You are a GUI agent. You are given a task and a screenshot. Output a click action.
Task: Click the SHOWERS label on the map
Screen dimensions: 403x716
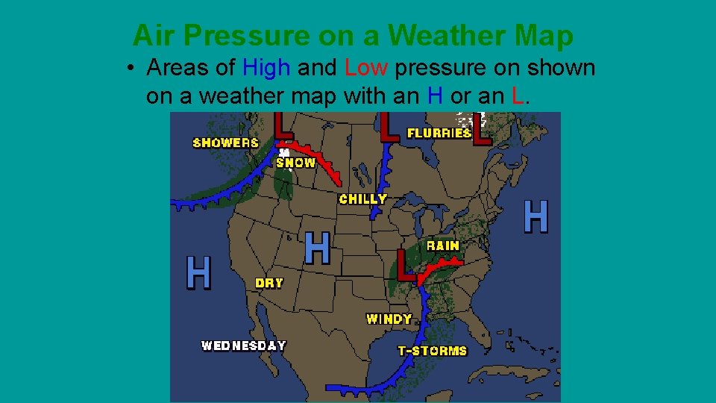coord(225,143)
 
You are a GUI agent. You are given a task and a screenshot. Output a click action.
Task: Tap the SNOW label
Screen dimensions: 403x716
coord(296,163)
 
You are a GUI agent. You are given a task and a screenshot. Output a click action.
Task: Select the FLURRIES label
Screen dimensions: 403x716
coord(439,134)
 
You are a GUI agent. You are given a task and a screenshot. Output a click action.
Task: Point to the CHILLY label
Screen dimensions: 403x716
coord(363,199)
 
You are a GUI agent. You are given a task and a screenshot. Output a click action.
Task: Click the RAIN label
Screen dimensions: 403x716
coord(443,246)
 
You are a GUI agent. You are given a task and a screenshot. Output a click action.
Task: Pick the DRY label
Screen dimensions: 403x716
coord(269,283)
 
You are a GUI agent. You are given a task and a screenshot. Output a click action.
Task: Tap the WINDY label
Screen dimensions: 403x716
coord(389,319)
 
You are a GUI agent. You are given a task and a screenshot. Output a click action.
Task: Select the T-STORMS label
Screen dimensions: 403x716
coord(433,350)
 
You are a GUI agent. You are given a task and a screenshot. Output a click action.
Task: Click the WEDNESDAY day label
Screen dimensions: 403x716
coord(244,346)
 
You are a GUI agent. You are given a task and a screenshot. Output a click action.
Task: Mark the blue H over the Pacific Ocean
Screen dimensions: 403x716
coord(198,272)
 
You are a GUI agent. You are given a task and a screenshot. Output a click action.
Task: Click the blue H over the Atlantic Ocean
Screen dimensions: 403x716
coord(536,216)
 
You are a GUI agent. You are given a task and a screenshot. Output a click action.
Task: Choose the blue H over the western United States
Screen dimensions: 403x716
coord(318,248)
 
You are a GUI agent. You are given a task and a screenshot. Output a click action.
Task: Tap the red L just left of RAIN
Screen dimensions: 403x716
coord(406,265)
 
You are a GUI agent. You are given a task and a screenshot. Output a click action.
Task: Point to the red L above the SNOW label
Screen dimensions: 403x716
coord(283,125)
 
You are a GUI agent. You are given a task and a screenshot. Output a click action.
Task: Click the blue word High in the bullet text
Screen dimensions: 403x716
coord(266,68)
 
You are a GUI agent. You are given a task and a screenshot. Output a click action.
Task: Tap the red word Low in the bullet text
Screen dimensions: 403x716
coord(366,68)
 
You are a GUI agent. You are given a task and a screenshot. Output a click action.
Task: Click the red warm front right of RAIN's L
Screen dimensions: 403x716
coord(443,265)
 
